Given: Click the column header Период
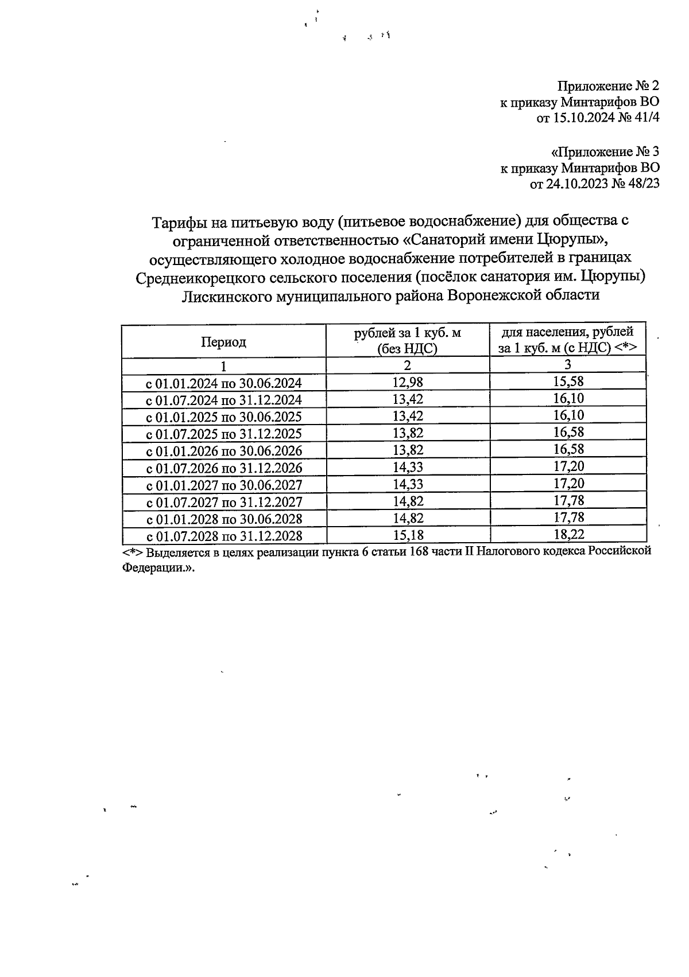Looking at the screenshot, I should (x=223, y=342).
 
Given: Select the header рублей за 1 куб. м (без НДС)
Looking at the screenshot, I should (x=407, y=341).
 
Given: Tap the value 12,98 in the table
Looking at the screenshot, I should (x=408, y=382).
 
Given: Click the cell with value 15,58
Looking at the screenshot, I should (x=568, y=382).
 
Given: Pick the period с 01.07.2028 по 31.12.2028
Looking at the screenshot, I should (x=224, y=536).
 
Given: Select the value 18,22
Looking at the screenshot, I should (x=568, y=535).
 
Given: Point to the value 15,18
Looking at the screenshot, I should (x=408, y=535).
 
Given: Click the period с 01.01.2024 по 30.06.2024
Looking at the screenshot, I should (x=224, y=383).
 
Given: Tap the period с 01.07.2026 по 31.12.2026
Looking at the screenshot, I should (x=224, y=468).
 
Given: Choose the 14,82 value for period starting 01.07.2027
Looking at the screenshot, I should (x=408, y=501).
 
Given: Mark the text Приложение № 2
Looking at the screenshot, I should (x=608, y=87).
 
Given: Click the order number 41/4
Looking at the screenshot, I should (x=645, y=119).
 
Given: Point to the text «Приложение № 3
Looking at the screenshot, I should (x=605, y=152).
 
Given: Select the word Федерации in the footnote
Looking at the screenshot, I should (x=153, y=567).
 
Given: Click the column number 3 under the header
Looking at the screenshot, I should (x=568, y=364).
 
